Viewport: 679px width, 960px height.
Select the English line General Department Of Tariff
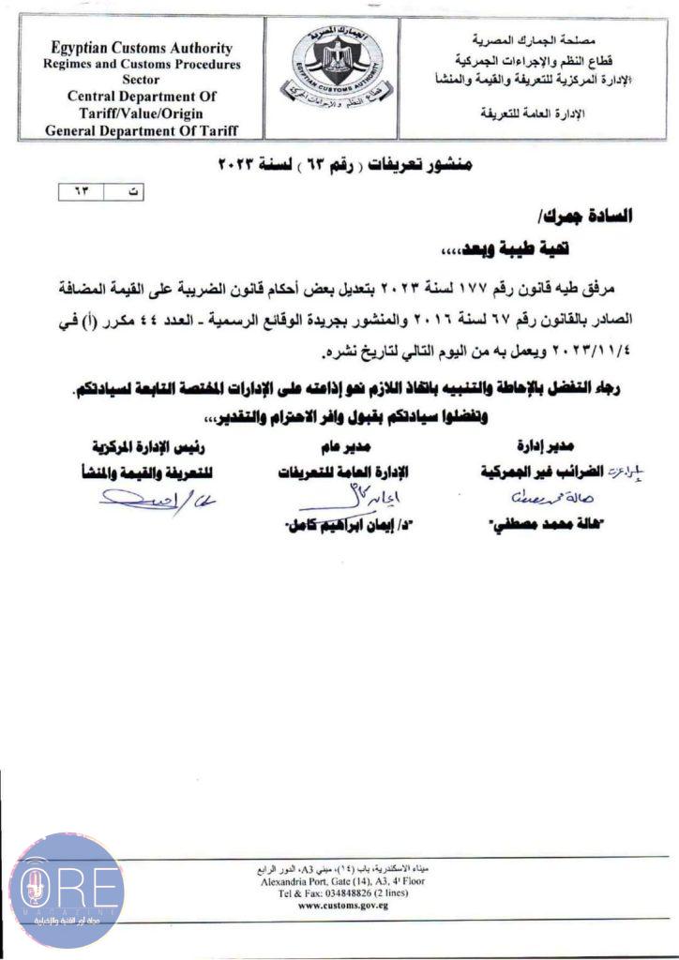click(142, 129)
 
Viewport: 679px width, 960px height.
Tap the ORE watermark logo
click(66, 890)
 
